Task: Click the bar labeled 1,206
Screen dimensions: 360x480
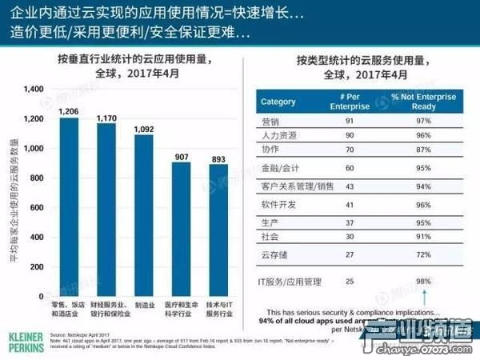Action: [x=70, y=208]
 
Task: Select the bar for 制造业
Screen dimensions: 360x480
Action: [x=143, y=216]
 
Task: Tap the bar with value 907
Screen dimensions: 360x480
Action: [x=182, y=230]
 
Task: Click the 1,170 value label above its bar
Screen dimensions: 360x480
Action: [x=106, y=118]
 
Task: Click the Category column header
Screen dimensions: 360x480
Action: [x=278, y=102]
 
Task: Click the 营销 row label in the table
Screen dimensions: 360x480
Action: [x=270, y=121]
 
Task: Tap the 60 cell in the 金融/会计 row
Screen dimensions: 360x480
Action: [x=348, y=169]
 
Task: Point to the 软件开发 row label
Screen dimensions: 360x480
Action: [x=278, y=205]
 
